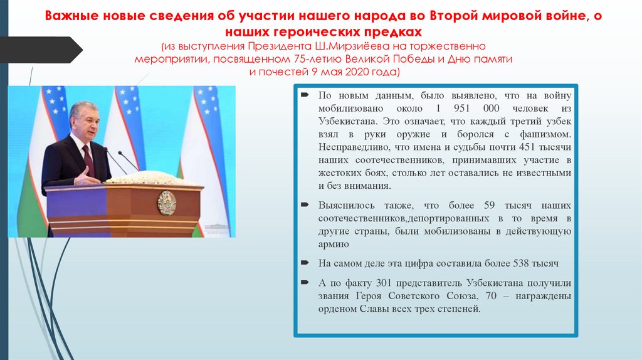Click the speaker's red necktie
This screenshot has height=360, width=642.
(88, 160)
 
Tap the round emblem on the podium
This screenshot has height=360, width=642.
(166, 203)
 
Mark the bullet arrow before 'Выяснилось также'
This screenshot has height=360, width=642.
(304, 205)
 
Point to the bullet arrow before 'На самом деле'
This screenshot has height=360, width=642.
(304, 263)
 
